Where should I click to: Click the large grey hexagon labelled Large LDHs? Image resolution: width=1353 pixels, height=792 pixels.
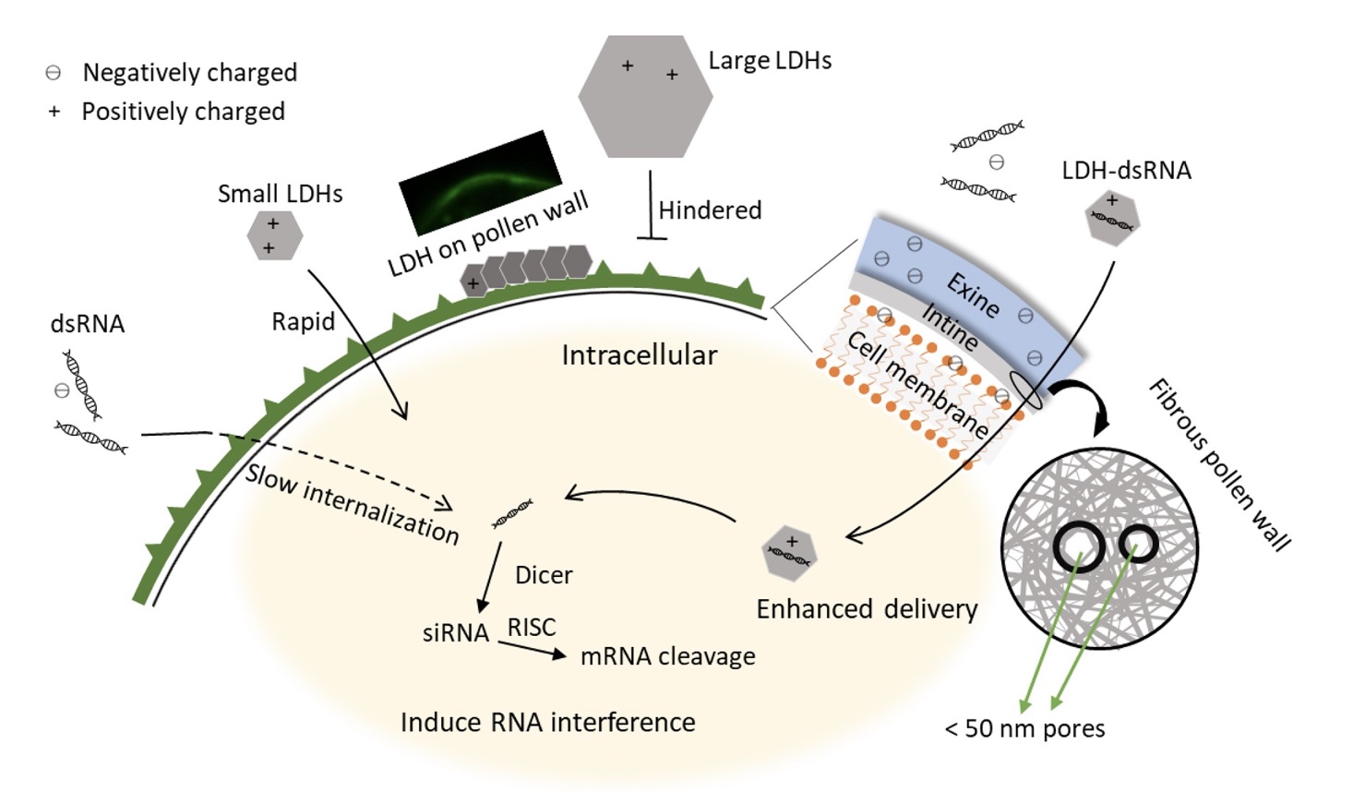[x=645, y=97]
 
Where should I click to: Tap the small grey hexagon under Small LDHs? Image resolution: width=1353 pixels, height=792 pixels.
[x=274, y=235]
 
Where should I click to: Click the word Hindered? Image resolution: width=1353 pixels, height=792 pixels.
[x=710, y=210]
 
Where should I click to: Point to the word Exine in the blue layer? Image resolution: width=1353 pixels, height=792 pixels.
[x=973, y=294]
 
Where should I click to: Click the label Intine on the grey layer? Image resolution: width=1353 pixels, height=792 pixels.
[x=950, y=327]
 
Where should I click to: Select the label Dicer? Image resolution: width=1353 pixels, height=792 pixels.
[x=544, y=575]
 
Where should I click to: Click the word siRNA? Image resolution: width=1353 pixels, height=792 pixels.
[x=455, y=633]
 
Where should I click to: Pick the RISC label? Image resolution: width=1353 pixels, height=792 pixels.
[x=532, y=628]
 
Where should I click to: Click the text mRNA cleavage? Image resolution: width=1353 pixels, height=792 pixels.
[x=667, y=656]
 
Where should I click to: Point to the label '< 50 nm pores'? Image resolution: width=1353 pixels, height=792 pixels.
[x=1024, y=728]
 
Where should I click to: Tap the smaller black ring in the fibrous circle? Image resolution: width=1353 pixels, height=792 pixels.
[x=1138, y=544]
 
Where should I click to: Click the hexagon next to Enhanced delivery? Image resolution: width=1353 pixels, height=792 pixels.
[x=790, y=555]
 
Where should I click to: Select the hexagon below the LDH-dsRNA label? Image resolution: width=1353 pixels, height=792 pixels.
[x=1112, y=218]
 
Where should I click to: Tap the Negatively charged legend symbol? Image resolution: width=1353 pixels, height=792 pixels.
[x=54, y=72]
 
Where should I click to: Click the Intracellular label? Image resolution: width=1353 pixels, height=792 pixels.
[x=639, y=355]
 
